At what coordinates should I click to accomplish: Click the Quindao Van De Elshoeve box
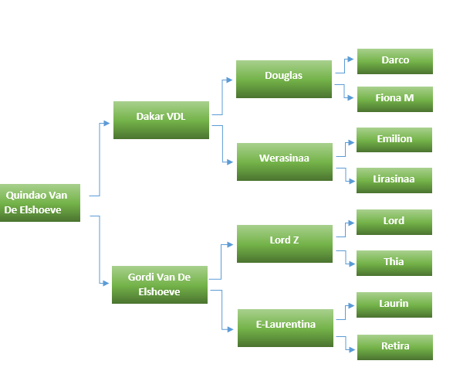pos(40,203)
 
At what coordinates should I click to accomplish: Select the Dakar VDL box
pos(161,120)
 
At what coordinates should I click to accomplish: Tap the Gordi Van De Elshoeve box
pos(160,284)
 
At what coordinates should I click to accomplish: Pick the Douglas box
pos(284,80)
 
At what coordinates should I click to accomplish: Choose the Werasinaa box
pos(285,162)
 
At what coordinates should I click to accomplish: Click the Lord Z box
pos(285,244)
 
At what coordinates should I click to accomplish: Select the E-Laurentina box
pos(286,328)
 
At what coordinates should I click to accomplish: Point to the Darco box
pos(395,61)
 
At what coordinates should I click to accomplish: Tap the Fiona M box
pos(395,99)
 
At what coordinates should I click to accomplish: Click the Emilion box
pos(394,140)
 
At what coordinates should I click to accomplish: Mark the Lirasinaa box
pos(394,180)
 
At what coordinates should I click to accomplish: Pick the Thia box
pos(394,263)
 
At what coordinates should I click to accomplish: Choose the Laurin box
pos(394,305)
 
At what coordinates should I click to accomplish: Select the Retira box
pos(395,348)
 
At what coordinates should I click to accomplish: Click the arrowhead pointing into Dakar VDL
pos(107,123)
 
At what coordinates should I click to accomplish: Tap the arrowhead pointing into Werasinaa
pos(230,162)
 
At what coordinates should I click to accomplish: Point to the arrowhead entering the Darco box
pos(350,60)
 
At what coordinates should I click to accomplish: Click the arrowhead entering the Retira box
pos(352,350)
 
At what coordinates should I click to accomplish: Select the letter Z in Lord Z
pos(296,240)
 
